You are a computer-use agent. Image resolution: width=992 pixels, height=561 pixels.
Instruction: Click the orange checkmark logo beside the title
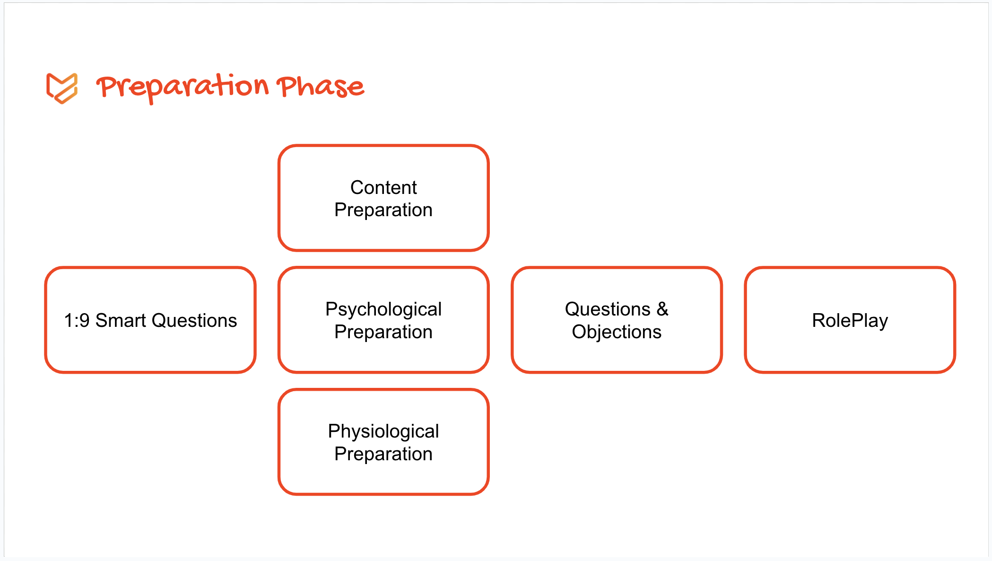tap(62, 88)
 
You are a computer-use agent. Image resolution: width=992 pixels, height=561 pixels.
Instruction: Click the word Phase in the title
tap(321, 86)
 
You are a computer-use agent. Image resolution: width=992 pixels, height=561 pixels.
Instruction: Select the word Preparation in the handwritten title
tap(183, 88)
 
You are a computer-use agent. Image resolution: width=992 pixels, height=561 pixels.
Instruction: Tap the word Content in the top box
tap(383, 187)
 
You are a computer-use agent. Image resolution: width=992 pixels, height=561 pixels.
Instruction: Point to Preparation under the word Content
tap(383, 210)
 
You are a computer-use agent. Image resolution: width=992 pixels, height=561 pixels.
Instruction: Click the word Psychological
tap(383, 310)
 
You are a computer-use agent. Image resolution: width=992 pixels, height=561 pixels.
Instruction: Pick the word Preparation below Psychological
tap(383, 332)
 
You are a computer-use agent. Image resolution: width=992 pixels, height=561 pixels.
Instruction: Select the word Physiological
tap(383, 432)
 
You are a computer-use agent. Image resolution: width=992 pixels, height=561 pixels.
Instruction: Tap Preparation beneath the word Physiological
tap(383, 454)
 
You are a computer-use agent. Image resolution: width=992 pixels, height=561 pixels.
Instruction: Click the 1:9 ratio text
tap(77, 321)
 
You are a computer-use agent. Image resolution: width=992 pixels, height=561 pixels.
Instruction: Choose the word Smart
tap(121, 321)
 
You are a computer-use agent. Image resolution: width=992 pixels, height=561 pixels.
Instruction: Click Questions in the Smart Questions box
tap(194, 321)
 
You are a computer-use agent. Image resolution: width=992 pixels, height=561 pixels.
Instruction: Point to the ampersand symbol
tap(662, 309)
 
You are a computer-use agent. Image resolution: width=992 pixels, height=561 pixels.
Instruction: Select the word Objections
tap(617, 332)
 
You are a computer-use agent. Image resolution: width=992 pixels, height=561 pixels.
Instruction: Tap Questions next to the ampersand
tap(608, 309)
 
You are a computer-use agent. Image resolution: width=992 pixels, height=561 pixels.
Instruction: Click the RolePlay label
tap(850, 321)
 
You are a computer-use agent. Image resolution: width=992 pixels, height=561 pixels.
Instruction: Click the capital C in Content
tap(357, 187)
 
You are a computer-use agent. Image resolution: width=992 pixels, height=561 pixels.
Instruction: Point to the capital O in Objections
tap(579, 332)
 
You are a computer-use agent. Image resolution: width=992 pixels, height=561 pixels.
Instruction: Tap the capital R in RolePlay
tap(819, 320)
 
